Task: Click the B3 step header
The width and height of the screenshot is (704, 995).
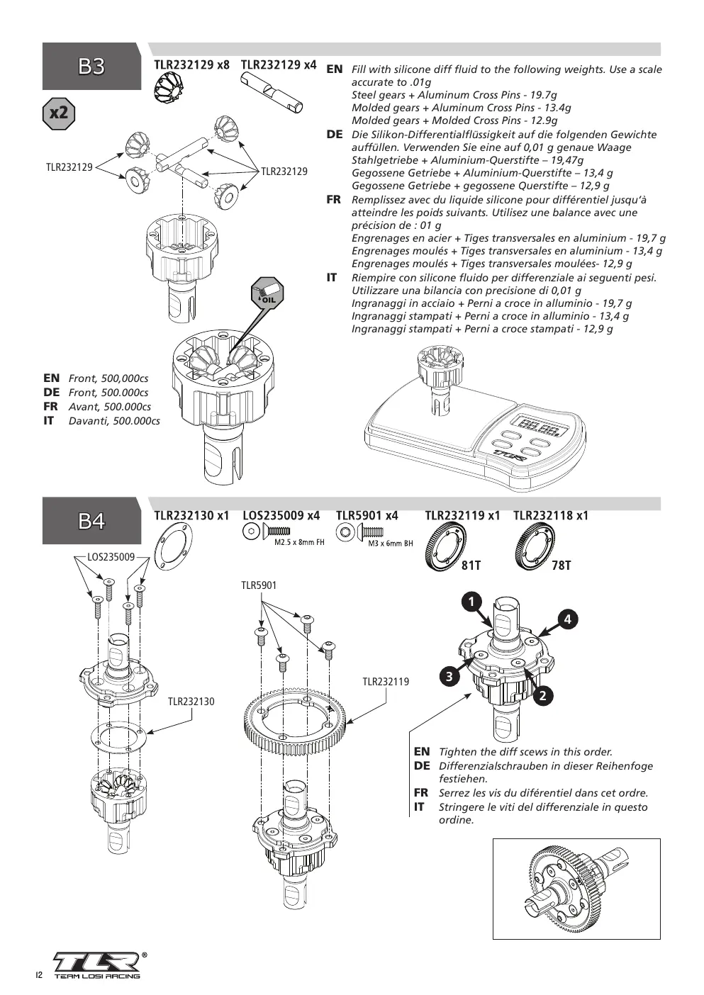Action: click(91, 66)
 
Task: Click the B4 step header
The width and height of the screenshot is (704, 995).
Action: click(91, 521)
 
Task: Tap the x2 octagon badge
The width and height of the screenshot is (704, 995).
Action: click(59, 113)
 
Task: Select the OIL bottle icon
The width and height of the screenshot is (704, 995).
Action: click(267, 292)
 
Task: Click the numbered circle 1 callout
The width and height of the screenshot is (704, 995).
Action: click(472, 602)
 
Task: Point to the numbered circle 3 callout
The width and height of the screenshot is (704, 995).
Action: click(449, 677)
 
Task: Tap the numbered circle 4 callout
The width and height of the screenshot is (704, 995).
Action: click(568, 619)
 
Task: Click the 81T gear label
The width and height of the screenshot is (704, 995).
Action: click(471, 566)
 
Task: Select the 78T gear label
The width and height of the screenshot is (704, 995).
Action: click(561, 566)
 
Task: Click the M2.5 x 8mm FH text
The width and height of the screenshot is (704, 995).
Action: click(300, 542)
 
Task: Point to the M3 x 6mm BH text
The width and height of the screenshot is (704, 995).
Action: click(391, 544)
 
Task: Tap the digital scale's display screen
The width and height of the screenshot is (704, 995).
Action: click(539, 427)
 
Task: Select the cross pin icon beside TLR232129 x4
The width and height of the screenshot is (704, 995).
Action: click(272, 92)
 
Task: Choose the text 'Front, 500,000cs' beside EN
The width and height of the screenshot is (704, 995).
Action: click(108, 378)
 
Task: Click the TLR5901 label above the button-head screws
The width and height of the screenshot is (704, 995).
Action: click(259, 585)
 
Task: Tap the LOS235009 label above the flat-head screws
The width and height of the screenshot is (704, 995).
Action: click(111, 557)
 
